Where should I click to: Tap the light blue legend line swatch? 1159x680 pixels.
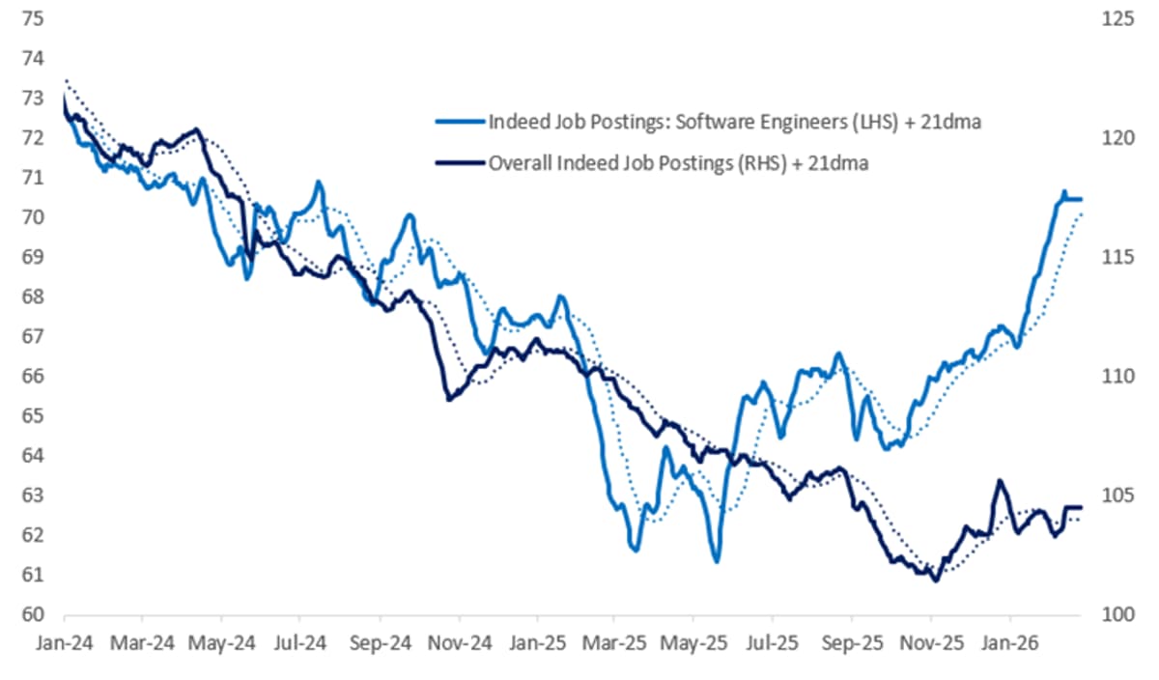click(459, 123)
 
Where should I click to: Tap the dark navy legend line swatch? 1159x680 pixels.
click(459, 163)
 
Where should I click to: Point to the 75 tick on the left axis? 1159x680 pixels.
click(32, 18)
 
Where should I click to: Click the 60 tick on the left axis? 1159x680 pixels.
click(32, 615)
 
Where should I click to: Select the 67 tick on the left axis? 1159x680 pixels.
click(32, 336)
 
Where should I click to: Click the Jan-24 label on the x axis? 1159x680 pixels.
click(64, 639)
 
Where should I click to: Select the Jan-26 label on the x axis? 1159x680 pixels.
click(1010, 639)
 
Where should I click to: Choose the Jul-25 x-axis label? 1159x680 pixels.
click(774, 639)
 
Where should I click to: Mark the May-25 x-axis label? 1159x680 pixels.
click(695, 639)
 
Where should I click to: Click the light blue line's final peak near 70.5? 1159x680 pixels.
click(1063, 192)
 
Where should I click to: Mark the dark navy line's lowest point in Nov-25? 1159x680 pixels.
click(934, 581)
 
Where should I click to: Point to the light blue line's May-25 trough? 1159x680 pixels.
click(716, 561)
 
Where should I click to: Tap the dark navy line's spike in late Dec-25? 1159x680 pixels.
click(999, 481)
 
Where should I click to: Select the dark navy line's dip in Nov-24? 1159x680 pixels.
click(448, 399)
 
